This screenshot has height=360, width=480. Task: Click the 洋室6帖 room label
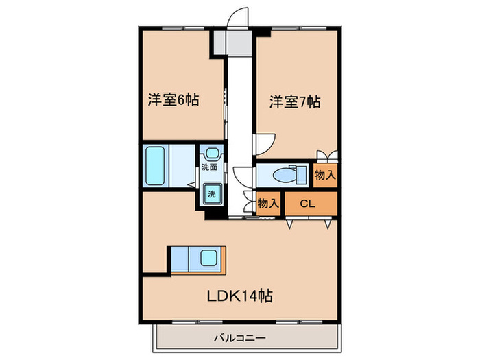[x=173, y=100]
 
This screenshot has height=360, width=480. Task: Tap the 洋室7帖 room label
[x=295, y=102]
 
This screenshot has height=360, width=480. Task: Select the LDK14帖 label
[x=240, y=296]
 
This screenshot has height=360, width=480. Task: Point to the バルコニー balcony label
[x=240, y=339]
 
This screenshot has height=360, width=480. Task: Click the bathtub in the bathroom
[x=155, y=166]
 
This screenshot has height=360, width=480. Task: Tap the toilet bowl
[x=283, y=176]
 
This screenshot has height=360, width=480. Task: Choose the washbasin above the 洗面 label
[x=211, y=153]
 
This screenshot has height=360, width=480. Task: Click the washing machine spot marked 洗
[x=211, y=194]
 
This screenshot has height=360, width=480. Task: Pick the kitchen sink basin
[x=209, y=258]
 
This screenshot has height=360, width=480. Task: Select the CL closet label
[x=307, y=204]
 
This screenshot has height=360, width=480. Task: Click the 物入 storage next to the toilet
[x=325, y=176]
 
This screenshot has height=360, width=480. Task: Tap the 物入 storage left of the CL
[x=268, y=203]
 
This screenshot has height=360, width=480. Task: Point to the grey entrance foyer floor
[x=232, y=43]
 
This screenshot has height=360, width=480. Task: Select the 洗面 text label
[x=209, y=167]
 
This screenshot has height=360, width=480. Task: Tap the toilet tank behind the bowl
[x=302, y=175]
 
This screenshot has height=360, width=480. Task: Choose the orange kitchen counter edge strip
[x=224, y=261]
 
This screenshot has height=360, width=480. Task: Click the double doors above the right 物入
[x=327, y=156]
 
